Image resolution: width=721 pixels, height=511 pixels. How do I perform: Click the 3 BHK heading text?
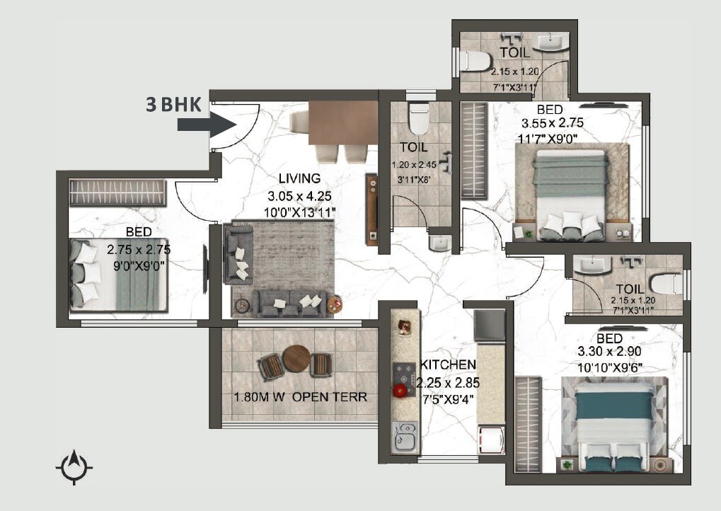point(174,105)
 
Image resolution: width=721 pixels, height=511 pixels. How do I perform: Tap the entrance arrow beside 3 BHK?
point(206,125)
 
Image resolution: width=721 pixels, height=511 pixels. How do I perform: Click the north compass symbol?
point(74,468)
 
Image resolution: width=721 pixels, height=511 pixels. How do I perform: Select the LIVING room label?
point(299,178)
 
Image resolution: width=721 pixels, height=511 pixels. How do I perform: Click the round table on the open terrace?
point(296,359)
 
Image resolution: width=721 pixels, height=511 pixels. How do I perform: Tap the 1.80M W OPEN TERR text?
point(300,397)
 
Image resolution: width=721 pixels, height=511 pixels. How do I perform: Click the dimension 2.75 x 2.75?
point(139,249)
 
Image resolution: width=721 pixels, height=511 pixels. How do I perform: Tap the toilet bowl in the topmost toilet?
point(473,62)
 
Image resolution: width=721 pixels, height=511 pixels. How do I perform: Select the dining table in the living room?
point(344,123)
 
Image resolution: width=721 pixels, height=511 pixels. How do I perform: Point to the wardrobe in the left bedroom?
point(117,193)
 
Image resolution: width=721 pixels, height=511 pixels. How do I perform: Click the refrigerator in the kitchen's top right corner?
point(489,324)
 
